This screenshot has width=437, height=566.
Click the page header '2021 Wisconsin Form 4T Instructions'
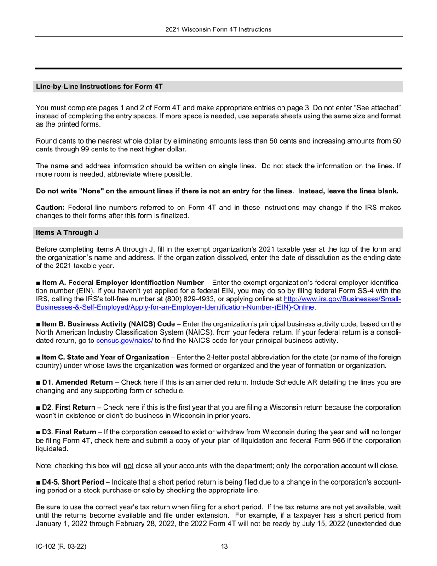click(x=218, y=29)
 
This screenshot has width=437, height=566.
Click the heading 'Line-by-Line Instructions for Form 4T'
click(x=99, y=87)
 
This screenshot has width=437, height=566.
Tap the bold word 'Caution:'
click(x=50, y=208)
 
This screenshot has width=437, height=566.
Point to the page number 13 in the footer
click(x=224, y=547)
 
